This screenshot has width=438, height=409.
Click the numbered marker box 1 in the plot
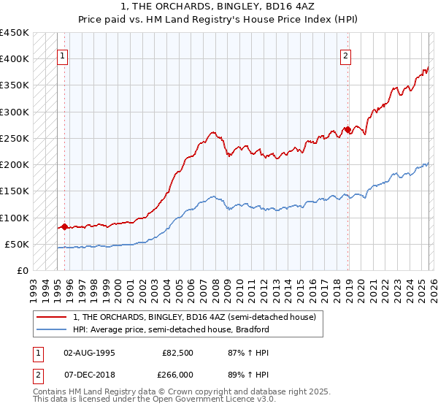(63, 55)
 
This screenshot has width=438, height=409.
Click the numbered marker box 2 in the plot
(345, 55)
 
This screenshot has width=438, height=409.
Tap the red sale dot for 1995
(64, 226)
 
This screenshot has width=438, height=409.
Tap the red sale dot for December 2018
(347, 130)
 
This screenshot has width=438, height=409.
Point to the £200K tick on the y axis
(15, 165)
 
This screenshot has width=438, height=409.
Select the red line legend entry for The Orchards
(194, 317)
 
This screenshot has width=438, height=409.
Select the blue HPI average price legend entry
(172, 329)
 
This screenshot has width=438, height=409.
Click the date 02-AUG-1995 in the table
(89, 352)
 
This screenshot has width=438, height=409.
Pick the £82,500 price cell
(177, 352)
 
